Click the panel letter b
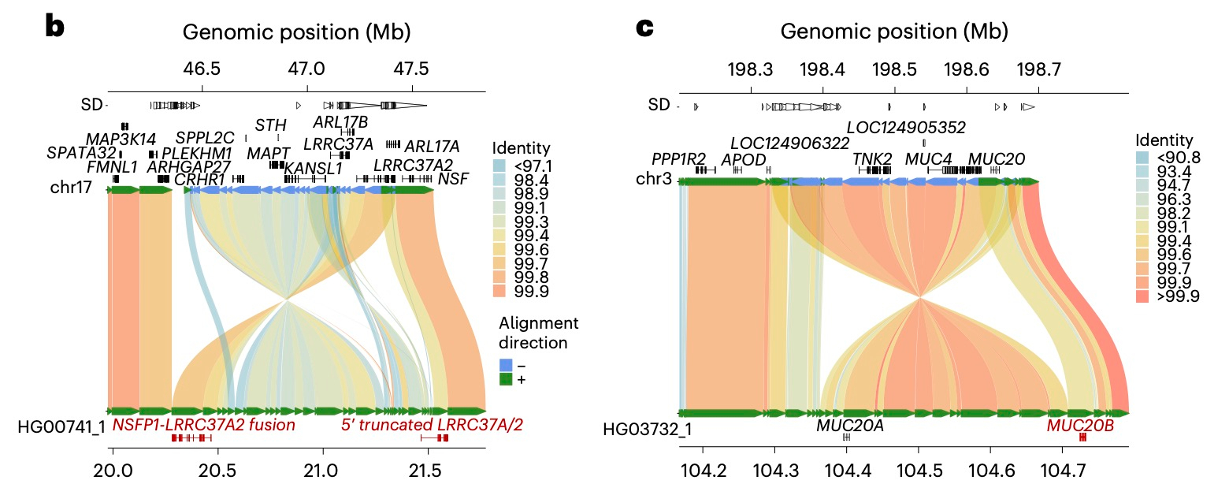(54, 26)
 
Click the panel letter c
(645, 28)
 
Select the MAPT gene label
(269, 151)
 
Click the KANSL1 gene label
(314, 168)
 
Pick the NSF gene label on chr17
(453, 179)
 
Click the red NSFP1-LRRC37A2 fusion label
(203, 426)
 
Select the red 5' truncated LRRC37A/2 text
(431, 426)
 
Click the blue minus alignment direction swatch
(506, 365)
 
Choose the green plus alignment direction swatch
(506, 380)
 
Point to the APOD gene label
(743, 159)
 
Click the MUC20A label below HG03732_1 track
(849, 426)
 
